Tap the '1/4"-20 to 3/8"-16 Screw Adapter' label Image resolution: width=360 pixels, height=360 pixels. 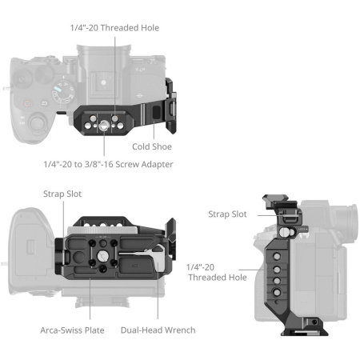(x=108, y=164)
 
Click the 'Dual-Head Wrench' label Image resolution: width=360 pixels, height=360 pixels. (x=158, y=329)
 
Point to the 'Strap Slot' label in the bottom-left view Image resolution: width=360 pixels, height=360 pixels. (x=62, y=194)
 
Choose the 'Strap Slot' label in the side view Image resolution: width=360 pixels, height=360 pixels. (x=227, y=214)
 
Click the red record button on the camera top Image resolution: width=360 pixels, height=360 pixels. (x=26, y=102)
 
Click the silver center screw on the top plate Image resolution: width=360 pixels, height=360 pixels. (x=106, y=124)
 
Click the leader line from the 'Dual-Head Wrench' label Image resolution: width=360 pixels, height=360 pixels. (x=158, y=304)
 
